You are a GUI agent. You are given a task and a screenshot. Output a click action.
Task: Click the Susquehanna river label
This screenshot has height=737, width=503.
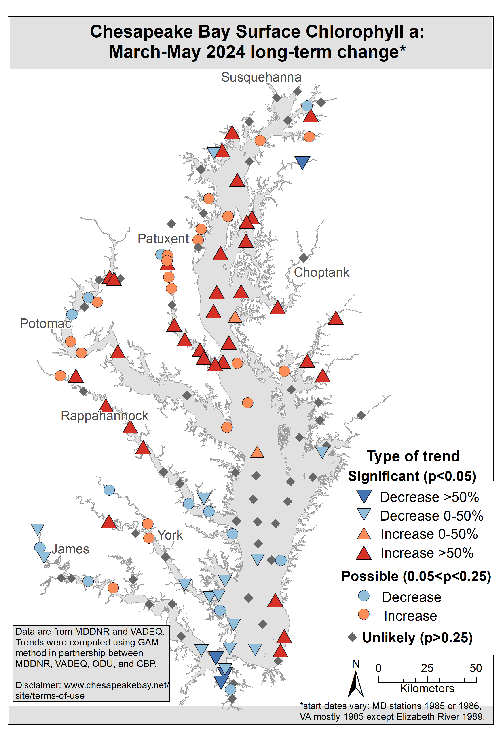pos(261,77)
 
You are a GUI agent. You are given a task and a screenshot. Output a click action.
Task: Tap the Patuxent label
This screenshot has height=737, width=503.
pos(163,239)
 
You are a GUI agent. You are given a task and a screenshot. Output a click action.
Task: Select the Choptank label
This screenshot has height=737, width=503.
pos(321,272)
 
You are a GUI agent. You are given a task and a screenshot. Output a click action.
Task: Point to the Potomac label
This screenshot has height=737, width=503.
pos(46,323)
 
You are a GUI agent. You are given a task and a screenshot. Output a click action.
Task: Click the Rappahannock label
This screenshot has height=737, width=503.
pos(104,416)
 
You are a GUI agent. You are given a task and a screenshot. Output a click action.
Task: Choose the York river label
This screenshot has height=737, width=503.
pos(170,535)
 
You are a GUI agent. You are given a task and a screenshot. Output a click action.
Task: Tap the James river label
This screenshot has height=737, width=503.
pos(70,549)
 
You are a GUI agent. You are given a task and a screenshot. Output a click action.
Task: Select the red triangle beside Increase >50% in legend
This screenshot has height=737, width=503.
pos(364,553)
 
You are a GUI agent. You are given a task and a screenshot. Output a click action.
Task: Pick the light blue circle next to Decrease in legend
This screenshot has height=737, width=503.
pos(364,596)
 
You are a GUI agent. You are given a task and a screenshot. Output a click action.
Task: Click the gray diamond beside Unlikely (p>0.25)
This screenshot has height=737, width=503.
pos(352,637)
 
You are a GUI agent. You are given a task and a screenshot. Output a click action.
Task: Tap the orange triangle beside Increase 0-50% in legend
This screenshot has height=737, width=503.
pos(364,534)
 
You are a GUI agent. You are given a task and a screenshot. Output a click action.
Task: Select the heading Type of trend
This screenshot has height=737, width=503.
pos(413,456)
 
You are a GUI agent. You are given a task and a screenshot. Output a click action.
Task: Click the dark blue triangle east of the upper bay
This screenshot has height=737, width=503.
pos(302,162)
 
